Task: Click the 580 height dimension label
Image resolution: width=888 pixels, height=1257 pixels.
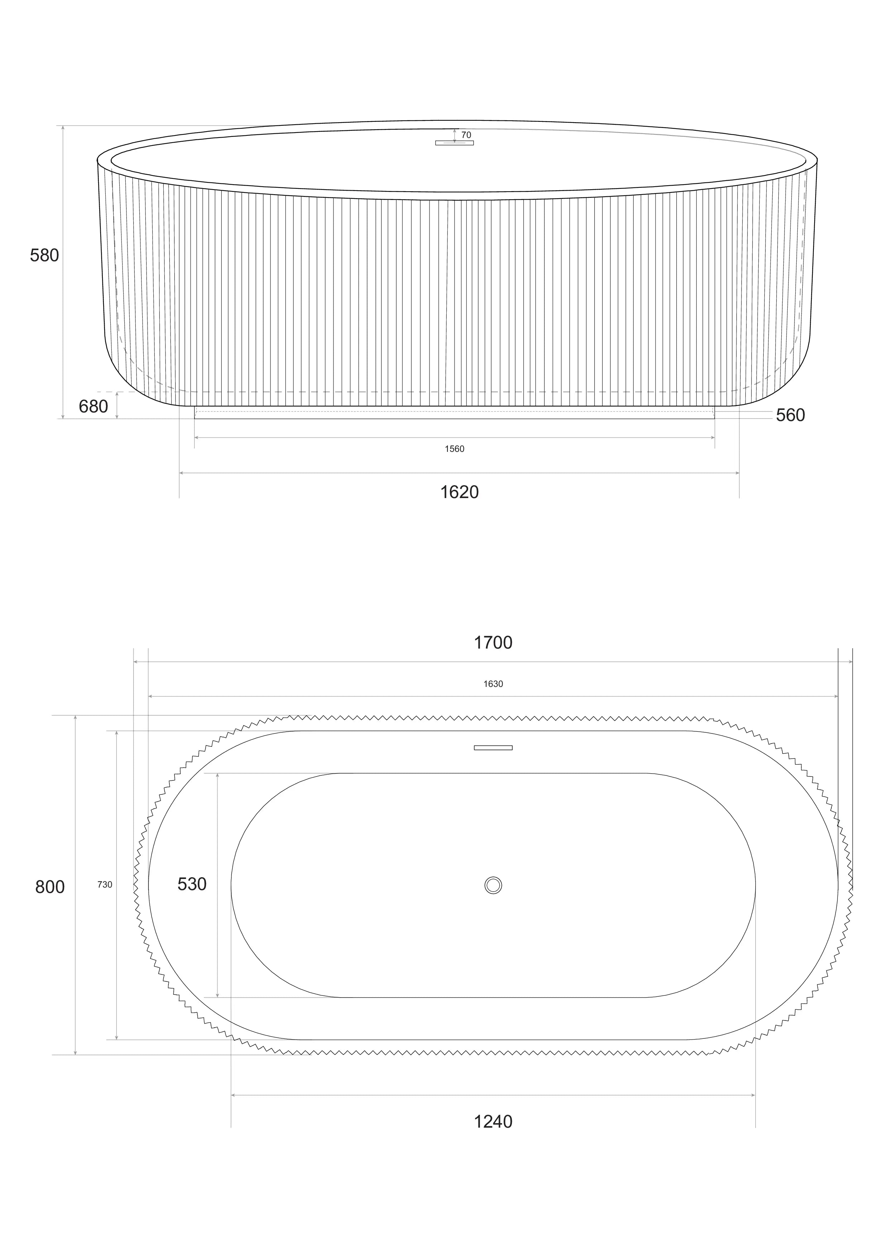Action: click(44, 256)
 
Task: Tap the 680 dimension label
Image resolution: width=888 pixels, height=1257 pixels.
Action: click(93, 407)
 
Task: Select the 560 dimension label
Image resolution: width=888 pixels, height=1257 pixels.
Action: click(791, 416)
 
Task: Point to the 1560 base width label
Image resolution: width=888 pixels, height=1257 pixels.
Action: click(454, 449)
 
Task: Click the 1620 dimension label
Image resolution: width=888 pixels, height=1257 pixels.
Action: click(460, 492)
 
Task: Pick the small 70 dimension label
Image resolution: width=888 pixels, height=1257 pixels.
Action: click(466, 135)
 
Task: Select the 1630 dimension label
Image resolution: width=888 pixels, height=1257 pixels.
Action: click(493, 684)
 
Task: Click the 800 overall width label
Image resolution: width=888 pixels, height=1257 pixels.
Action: click(50, 887)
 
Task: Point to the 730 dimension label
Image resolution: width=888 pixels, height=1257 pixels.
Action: click(105, 885)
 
